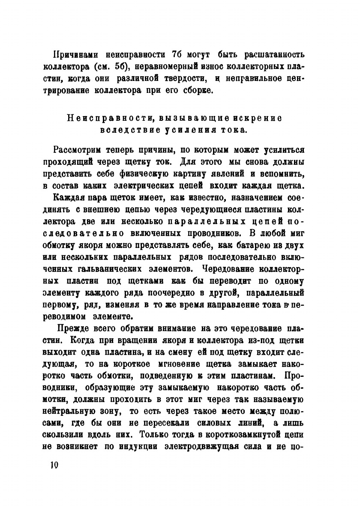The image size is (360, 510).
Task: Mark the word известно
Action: click(x=204, y=199)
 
